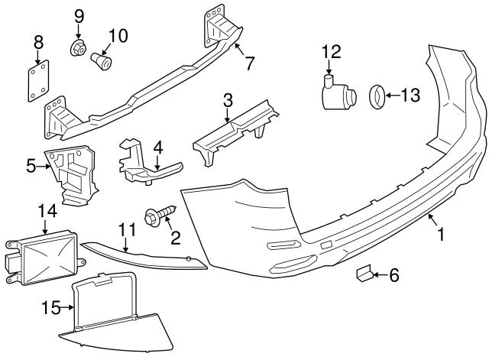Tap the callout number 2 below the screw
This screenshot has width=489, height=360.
pyautogui.click(x=175, y=238)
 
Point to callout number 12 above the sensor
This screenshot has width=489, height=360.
pyautogui.click(x=330, y=52)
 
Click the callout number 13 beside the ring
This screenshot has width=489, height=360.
pyautogui.click(x=410, y=95)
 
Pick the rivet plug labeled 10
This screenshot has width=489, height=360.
pyautogui.click(x=102, y=60)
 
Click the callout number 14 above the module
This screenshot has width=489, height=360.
pyautogui.click(x=47, y=210)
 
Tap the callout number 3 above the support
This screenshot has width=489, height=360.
pyautogui.click(x=228, y=100)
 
